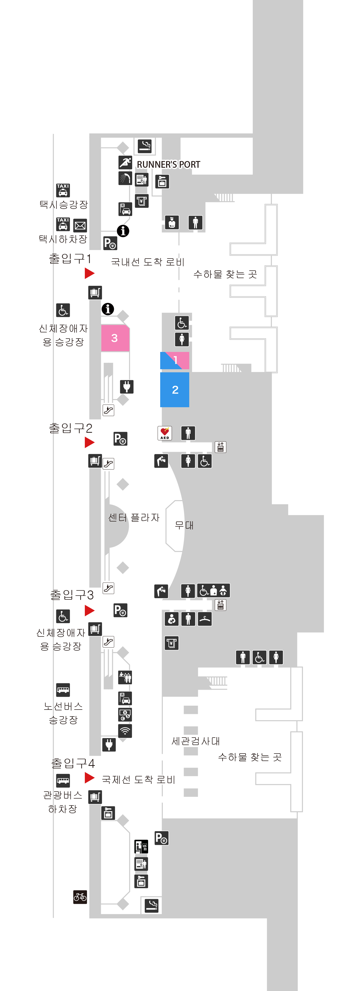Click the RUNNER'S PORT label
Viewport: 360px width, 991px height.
pos(168,165)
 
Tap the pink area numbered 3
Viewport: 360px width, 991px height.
pos(115,338)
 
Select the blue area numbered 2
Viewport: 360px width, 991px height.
pos(175,389)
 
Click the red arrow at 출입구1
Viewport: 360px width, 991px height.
pos(90,273)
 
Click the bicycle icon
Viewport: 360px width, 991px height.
pos(80,897)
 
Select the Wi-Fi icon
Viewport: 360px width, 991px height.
pos(125,731)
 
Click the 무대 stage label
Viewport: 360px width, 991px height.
pos(184,525)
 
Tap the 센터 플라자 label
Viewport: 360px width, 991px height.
pos(134,517)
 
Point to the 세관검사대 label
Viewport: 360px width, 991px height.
pos(196,741)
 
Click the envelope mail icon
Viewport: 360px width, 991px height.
pos(80,225)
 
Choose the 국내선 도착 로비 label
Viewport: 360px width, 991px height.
pos(148,262)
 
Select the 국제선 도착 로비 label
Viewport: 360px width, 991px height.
pos(138,780)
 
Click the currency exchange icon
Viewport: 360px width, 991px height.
pos(125,714)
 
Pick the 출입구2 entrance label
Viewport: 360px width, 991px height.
pos(70,428)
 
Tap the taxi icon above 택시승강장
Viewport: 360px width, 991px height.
pos(63,190)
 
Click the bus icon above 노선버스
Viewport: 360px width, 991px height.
pos(63,690)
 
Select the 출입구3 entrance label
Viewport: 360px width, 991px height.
pos(72,595)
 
